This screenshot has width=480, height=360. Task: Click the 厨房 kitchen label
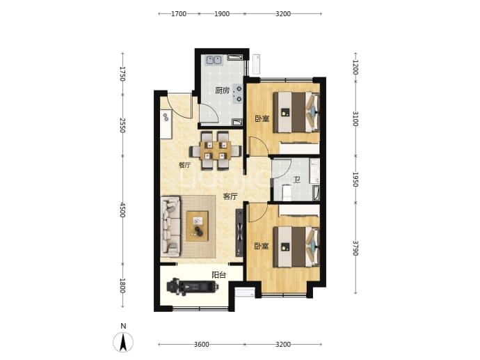pos(222,91)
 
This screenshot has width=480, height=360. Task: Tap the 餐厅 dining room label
pos(185,165)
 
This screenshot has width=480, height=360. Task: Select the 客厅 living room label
pos(230,196)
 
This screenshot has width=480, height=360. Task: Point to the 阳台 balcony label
pos(219,275)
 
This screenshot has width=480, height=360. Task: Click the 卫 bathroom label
pos(296,180)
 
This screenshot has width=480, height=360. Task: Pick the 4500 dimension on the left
pos(122,210)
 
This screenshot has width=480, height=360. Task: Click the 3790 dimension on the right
pos(355,248)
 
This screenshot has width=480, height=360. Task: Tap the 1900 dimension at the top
pos(222,14)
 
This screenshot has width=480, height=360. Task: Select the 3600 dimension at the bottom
pos(202,345)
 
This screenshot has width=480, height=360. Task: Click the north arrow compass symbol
pos(123,342)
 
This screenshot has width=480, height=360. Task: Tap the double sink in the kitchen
pos(214,59)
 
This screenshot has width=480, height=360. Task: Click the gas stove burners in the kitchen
pos(237,94)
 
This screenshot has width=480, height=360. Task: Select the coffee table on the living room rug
pos(198,226)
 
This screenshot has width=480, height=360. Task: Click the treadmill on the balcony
pos(193,286)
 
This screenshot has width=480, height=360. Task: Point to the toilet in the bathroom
pos(286,192)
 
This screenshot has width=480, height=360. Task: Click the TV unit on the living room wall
pos(239,233)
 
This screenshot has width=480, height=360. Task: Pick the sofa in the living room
pos(170,226)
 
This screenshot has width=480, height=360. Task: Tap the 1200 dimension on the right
pos(355,68)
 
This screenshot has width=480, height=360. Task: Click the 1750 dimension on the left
pos(122,74)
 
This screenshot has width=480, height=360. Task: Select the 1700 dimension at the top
pos(179,14)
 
